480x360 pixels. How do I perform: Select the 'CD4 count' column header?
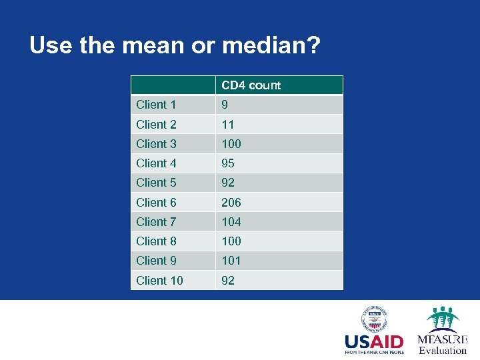[x=251, y=85]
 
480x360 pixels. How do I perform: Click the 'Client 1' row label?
[x=156, y=105]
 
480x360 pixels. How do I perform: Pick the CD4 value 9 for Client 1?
[x=225, y=105]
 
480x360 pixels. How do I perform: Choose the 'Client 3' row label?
[x=156, y=143]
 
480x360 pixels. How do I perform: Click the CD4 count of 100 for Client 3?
[x=231, y=143]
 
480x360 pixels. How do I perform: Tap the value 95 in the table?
[x=228, y=163]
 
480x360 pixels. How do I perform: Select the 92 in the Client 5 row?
[x=228, y=182]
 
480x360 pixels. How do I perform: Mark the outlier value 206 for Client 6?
[x=231, y=202]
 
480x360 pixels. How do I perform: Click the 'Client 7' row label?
[x=156, y=221]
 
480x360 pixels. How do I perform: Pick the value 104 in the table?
[x=231, y=221]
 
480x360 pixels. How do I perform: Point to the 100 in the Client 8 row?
[x=231, y=241]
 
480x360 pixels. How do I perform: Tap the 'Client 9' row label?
[x=156, y=260]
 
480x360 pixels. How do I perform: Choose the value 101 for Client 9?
[x=231, y=260]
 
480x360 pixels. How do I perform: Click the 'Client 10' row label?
[x=159, y=280]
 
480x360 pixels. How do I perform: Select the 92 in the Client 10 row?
[x=228, y=280]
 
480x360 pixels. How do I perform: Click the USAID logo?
[x=374, y=331]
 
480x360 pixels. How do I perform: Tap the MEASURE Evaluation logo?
[x=443, y=331]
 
